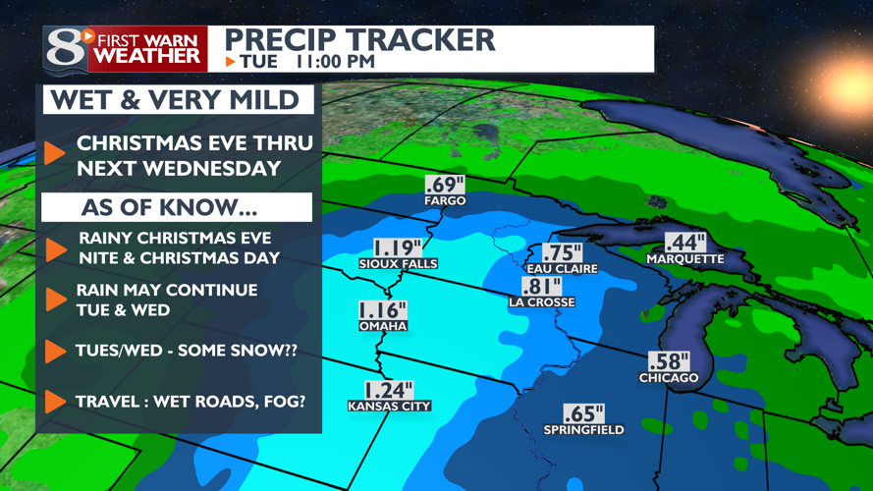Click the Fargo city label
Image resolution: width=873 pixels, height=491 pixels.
[x=445, y=201]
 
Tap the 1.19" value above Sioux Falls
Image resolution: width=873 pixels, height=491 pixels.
[x=398, y=247]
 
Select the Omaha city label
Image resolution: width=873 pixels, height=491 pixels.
[x=382, y=327]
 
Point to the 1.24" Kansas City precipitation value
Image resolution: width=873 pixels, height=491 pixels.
[x=389, y=390]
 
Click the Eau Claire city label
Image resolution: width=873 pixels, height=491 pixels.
[x=562, y=268]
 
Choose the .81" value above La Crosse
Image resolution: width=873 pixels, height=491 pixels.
[x=542, y=286]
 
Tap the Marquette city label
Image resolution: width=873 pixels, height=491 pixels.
[x=684, y=259]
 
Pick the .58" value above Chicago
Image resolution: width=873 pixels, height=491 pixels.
[x=669, y=361]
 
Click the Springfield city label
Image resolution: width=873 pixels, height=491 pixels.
[x=583, y=430]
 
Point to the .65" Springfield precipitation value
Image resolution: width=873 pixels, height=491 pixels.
[x=583, y=413]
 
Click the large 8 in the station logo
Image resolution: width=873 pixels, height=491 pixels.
[x=65, y=49]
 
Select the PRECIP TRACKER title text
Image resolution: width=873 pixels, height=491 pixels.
[x=359, y=40]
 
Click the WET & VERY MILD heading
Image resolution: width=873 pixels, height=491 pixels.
[x=175, y=100]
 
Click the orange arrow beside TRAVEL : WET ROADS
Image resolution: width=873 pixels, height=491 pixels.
[x=55, y=401]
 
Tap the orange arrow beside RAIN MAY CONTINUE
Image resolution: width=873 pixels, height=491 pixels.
[x=55, y=300]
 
